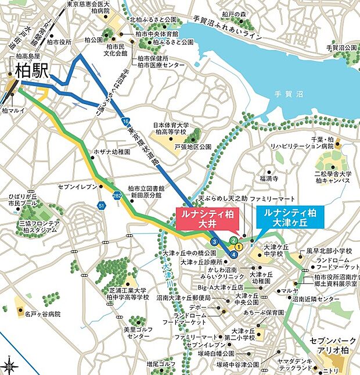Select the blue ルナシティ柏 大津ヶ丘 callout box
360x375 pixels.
point(290,219)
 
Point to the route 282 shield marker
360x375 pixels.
point(117,195)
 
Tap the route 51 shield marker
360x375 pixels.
point(101,205)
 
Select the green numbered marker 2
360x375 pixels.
point(233,240)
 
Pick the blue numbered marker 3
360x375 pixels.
point(214,242)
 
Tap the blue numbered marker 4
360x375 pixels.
point(233,255)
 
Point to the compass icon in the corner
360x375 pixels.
point(9,366)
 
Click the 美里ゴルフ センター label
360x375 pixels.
point(138,333)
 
